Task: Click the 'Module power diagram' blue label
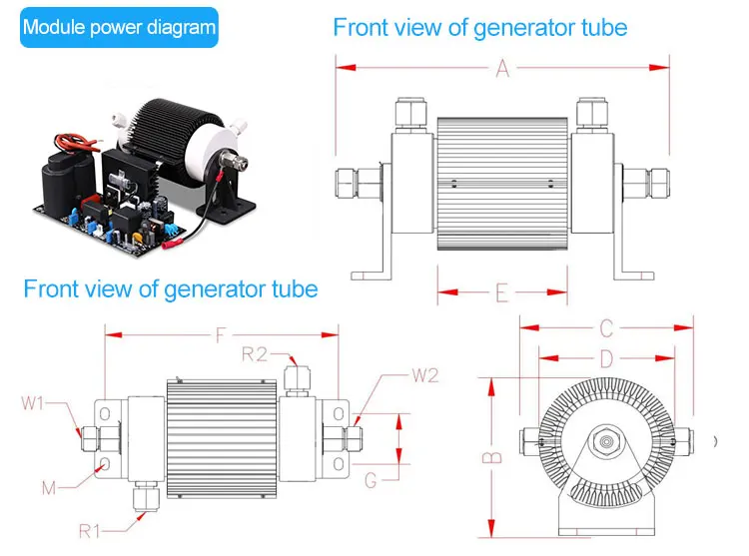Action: (x=119, y=27)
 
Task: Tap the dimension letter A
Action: (x=502, y=68)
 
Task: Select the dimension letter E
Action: (x=502, y=292)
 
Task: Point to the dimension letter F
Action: (x=220, y=336)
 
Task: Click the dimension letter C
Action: (x=606, y=327)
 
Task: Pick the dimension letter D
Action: (x=606, y=356)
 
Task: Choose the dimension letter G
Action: (x=371, y=481)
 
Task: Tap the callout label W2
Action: (x=424, y=375)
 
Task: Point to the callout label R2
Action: (x=255, y=352)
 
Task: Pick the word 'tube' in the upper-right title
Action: (x=603, y=27)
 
